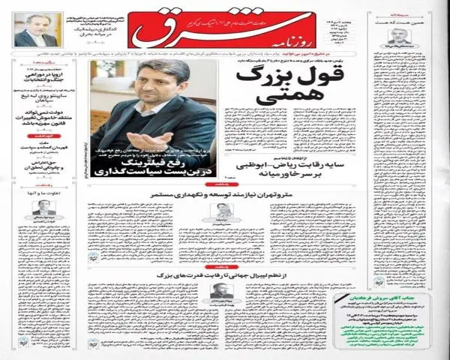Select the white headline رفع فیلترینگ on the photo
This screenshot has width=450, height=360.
click(x=158, y=163)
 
